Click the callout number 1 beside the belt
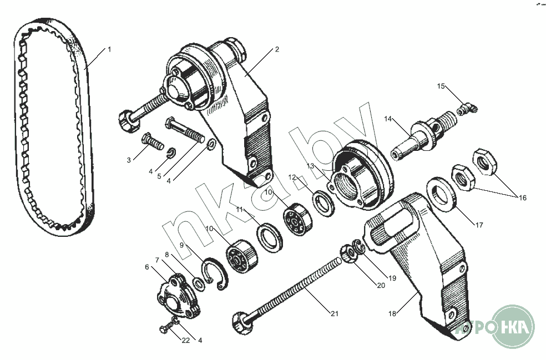(x=109, y=49)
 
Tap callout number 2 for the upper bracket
(x=277, y=49)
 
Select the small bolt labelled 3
(x=153, y=141)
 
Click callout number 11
(x=239, y=210)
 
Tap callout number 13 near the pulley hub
(x=310, y=166)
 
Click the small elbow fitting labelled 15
(x=467, y=108)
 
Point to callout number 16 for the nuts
(x=522, y=198)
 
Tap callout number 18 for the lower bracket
(x=392, y=314)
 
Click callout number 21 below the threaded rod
(x=334, y=314)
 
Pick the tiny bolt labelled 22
(x=166, y=327)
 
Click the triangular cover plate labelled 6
(x=178, y=295)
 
